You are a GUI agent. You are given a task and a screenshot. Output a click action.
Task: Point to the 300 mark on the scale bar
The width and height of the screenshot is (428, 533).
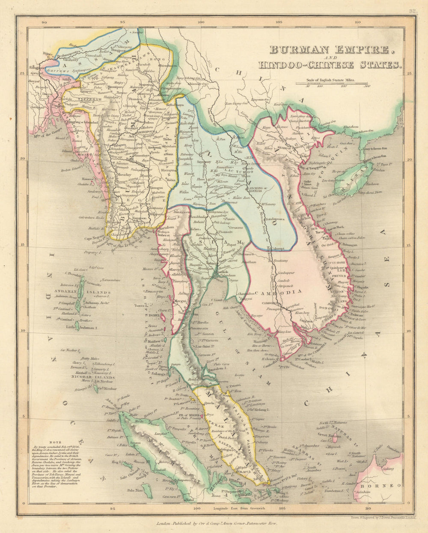[x=367, y=86]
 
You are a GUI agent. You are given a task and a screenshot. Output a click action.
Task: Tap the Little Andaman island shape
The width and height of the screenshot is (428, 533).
[x=77, y=327]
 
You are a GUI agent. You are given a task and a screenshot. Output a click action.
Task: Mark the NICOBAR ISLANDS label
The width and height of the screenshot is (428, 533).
[x=93, y=378]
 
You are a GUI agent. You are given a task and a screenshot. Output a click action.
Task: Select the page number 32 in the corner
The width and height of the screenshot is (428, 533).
[x=412, y=12]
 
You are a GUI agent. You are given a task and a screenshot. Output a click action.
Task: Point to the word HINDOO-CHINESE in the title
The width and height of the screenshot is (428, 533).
[x=300, y=65]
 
